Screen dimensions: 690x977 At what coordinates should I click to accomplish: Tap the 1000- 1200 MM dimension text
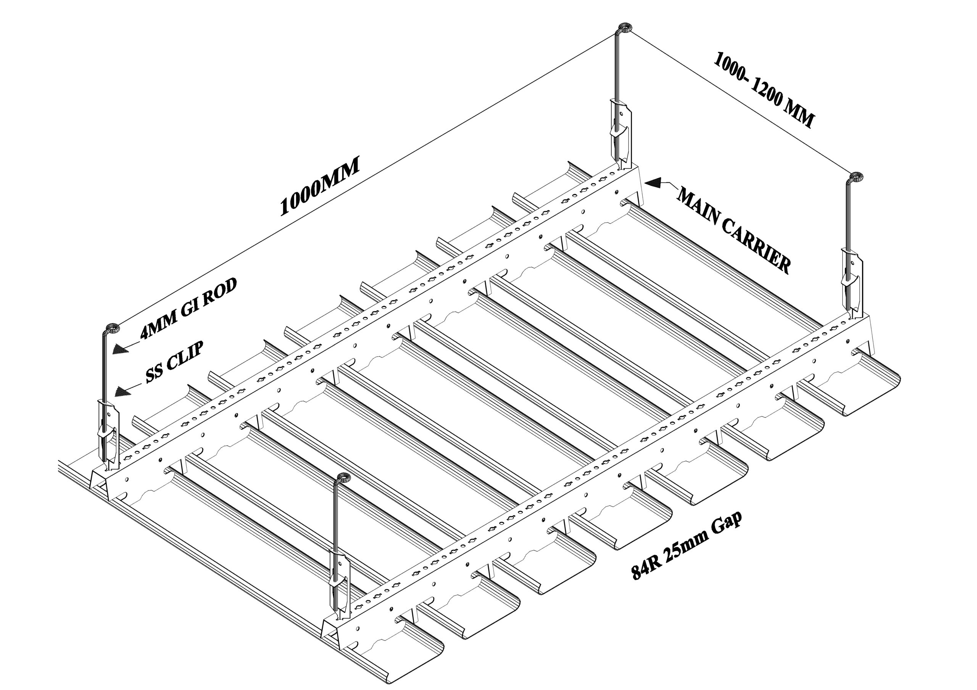coord(764,89)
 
